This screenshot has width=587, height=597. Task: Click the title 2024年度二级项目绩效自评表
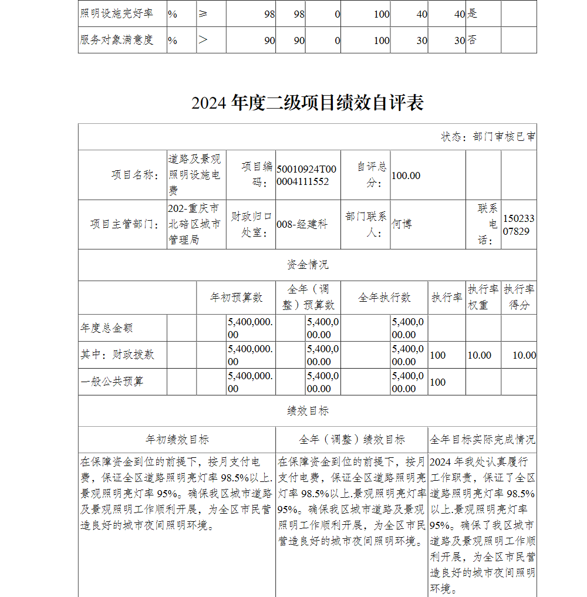(307, 103)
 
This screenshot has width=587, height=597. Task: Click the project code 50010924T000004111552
(306, 175)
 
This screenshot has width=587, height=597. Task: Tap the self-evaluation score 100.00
(406, 176)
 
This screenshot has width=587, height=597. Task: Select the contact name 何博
(402, 224)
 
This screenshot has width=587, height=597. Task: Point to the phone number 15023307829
(518, 225)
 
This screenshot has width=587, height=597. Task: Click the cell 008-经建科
(302, 224)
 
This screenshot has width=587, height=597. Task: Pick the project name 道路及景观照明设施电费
(194, 174)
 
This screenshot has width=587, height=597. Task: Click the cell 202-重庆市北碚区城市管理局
(194, 224)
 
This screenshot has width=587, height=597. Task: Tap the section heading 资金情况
(307, 265)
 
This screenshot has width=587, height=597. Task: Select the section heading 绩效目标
(307, 412)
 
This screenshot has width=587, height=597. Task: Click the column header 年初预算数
(236, 298)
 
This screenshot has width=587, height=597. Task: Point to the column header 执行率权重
(483, 297)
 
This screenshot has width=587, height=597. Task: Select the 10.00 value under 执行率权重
(479, 355)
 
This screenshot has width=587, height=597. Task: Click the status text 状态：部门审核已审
(488, 137)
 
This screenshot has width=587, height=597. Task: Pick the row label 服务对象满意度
(116, 40)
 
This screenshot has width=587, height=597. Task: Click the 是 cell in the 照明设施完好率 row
(472, 14)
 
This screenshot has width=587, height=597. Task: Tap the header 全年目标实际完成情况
(482, 440)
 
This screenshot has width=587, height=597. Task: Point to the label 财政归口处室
(251, 224)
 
